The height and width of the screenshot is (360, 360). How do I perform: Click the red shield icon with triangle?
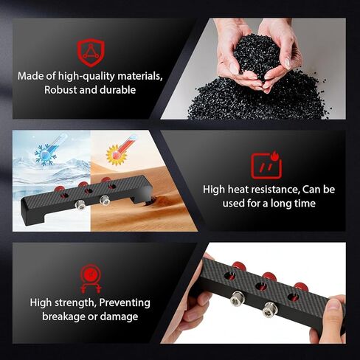[x=91, y=53]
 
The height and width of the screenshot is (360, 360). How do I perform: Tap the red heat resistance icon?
[x=266, y=165]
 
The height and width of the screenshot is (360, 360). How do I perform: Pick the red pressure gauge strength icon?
[x=90, y=279]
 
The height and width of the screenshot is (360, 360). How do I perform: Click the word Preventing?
[x=125, y=302]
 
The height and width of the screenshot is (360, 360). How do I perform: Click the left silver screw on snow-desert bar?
[x=80, y=205]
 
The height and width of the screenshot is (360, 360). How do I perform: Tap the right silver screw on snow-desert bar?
[x=105, y=201]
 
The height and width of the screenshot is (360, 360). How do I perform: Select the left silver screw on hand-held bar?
[x=237, y=298]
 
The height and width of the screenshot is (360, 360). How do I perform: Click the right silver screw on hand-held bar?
[x=269, y=310]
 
